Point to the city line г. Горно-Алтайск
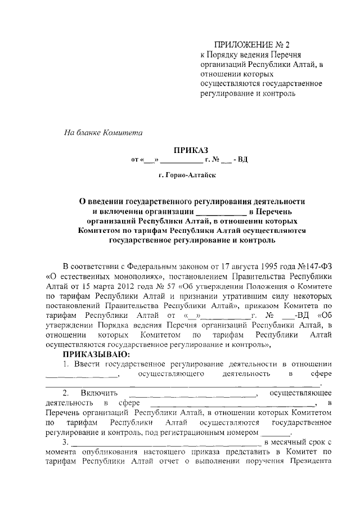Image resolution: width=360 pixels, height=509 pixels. (186, 175)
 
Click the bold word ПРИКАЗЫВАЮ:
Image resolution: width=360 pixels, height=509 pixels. (96, 354)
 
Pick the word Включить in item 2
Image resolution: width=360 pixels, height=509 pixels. (98, 393)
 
